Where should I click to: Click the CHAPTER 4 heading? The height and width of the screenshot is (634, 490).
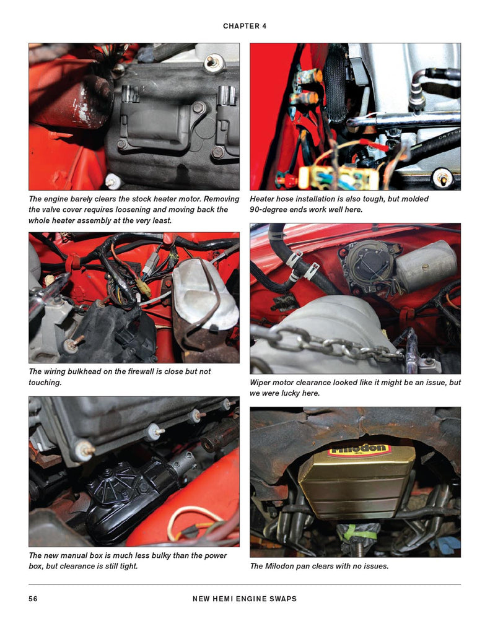245,26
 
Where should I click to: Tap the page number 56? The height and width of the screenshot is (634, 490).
33,599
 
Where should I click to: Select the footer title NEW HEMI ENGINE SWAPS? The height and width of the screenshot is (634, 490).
245,599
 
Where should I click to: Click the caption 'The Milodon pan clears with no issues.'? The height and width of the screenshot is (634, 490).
319,566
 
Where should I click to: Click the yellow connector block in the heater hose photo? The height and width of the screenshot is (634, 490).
338,177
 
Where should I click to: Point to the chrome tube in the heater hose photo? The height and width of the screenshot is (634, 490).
403,119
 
